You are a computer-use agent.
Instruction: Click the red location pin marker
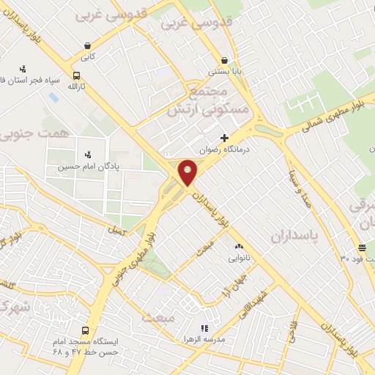coord(188,172)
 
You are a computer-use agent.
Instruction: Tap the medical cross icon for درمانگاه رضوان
coord(224,138)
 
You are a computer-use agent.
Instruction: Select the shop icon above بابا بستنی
coord(223,61)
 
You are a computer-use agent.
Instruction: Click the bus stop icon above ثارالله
coord(77,75)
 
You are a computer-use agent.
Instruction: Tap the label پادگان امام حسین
coord(88,166)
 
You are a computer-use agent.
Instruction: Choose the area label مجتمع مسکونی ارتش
coord(209,99)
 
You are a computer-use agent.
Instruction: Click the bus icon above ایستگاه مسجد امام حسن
coord(86,330)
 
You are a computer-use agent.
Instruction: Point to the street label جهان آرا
coord(233,284)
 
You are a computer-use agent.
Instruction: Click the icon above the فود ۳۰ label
coord(362,247)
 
